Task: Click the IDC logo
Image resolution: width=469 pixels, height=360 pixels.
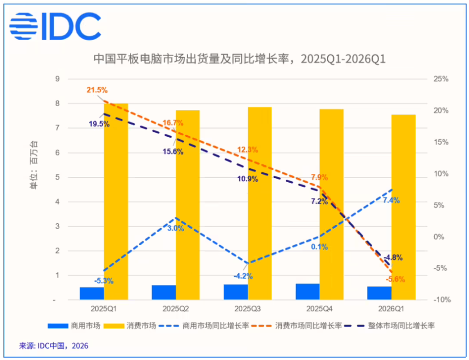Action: [55, 26]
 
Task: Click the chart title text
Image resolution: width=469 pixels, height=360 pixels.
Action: [239, 59]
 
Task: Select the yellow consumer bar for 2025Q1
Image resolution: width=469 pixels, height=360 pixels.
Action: [116, 202]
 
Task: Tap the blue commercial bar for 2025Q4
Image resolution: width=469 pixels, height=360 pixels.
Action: [307, 292]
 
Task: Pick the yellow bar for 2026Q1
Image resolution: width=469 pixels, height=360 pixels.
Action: [404, 207]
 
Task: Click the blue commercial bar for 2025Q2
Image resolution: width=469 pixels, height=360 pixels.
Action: [164, 293]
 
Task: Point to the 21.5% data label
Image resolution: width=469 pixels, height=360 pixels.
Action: [97, 90]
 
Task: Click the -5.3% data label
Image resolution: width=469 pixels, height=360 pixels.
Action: [104, 281]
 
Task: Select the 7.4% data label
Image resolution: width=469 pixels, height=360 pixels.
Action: [391, 200]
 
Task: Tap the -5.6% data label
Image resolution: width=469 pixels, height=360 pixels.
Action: [395, 279]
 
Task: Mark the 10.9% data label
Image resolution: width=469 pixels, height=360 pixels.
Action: [248, 179]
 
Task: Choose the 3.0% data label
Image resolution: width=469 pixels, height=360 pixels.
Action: [175, 229]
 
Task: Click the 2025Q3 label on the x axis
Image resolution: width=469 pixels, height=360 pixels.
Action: [247, 309]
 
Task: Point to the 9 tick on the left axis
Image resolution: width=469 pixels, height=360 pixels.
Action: [58, 79]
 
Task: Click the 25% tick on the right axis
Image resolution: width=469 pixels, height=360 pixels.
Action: [441, 79]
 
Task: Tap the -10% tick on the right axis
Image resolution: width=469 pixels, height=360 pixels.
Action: [442, 299]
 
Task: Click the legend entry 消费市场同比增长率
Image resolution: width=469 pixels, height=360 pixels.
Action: [297, 326]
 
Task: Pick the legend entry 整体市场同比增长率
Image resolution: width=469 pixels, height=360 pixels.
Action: [389, 326]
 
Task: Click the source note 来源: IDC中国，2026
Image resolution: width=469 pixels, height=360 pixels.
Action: [54, 346]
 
